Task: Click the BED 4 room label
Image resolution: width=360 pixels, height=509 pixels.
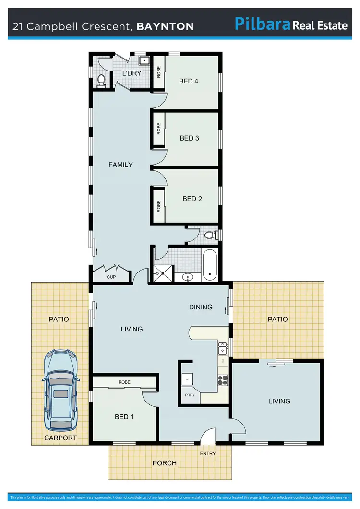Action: (x=189, y=81)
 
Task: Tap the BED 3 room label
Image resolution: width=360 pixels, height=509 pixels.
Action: (x=189, y=138)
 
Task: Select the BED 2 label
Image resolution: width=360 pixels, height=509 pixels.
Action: (x=192, y=199)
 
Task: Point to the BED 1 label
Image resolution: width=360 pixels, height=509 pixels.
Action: (x=124, y=417)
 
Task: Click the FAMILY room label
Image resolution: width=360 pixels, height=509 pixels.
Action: (x=120, y=165)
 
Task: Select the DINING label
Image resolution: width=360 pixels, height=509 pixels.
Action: (x=201, y=307)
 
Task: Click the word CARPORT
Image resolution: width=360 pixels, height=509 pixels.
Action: (x=60, y=438)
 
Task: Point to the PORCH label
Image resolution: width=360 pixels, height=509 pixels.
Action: (x=164, y=463)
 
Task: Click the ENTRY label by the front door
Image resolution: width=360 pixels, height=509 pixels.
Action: (x=208, y=453)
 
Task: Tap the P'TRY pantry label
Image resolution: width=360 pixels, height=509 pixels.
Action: (x=190, y=395)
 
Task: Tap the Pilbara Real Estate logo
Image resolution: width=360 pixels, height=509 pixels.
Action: (x=290, y=24)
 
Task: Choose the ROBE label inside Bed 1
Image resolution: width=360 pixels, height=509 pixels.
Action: (x=124, y=382)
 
